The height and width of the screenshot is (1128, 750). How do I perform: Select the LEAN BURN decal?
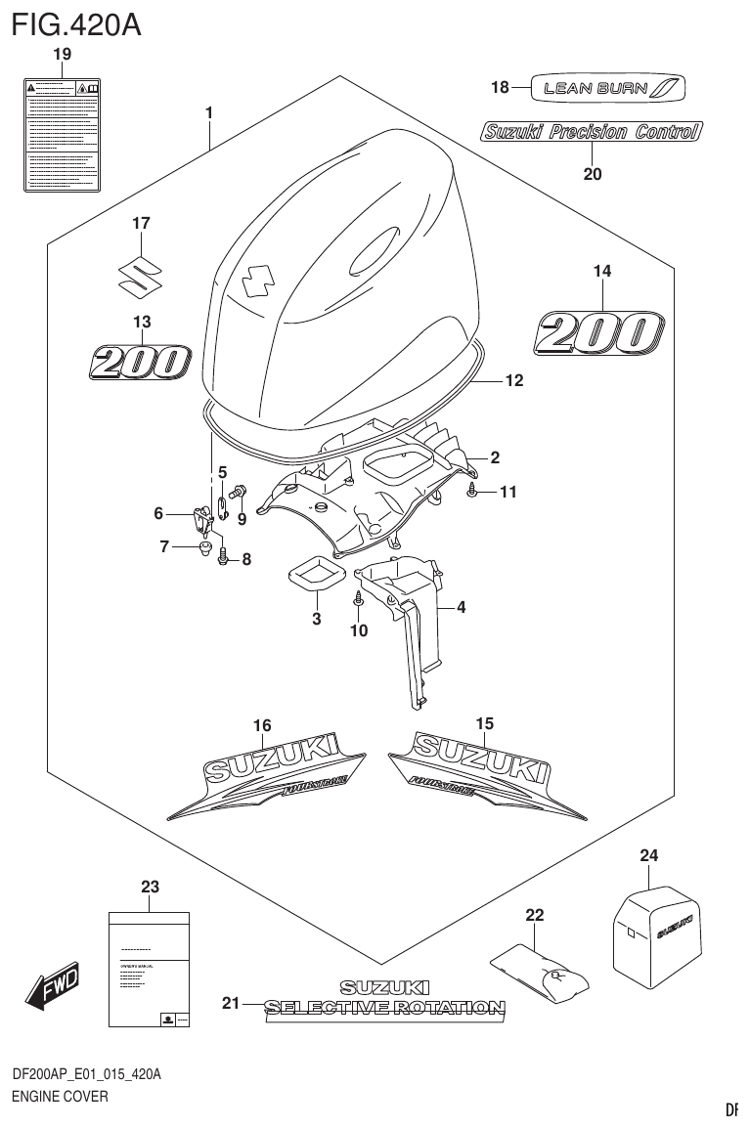pyautogui.click(x=607, y=88)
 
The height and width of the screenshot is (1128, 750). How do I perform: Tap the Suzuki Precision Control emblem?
pyautogui.click(x=591, y=132)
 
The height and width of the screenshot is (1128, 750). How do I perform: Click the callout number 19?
pyautogui.click(x=62, y=55)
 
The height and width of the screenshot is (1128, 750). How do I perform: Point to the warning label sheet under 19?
pyautogui.click(x=62, y=134)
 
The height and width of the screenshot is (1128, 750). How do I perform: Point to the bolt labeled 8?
pyautogui.click(x=224, y=559)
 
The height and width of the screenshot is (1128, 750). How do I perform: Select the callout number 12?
pyautogui.click(x=513, y=381)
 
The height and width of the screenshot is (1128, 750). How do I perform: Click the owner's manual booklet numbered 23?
pyautogui.click(x=149, y=969)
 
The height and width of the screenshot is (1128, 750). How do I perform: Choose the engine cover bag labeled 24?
pyautogui.click(x=656, y=929)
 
